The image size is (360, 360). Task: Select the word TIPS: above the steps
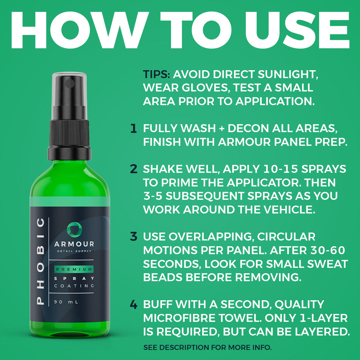(x=157, y=75)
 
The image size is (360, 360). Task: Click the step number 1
(x=134, y=129)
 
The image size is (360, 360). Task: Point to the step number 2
(x=134, y=169)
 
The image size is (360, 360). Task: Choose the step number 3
(x=134, y=237)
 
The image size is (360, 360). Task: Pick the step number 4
(x=134, y=305)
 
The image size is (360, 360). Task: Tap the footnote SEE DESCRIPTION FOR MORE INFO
(x=207, y=347)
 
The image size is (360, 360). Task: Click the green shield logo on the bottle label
(x=74, y=230)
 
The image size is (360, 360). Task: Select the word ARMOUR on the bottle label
(x=74, y=244)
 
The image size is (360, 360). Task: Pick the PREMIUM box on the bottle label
(x=74, y=269)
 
